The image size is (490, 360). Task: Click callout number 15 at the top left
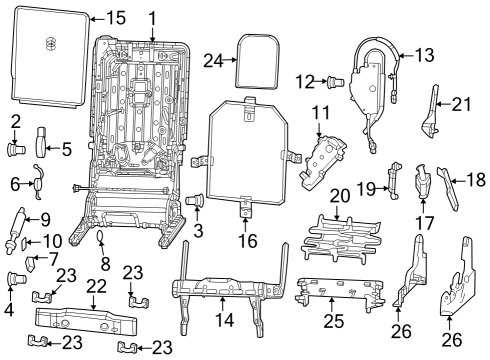[x=116, y=18]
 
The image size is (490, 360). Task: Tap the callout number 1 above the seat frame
[x=152, y=18]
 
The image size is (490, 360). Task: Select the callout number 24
[x=212, y=60]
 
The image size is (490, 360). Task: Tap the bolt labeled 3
[x=196, y=203]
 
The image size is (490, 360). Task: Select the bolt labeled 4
[x=15, y=278]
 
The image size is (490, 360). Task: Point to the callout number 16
[x=247, y=241]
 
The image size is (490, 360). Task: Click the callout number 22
[x=96, y=287]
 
